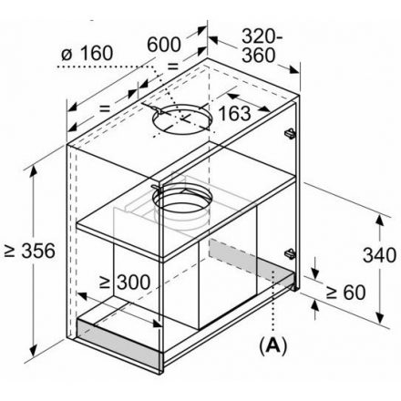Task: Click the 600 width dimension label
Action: [x=164, y=45]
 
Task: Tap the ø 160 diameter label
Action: [x=87, y=53]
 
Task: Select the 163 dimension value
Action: [x=234, y=113]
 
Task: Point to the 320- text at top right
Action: [x=262, y=36]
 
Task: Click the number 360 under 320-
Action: [x=259, y=56]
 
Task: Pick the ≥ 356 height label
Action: [x=30, y=251]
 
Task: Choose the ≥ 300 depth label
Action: [x=125, y=283]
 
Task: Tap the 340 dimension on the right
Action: [x=379, y=254]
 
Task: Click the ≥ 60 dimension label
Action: [x=345, y=293]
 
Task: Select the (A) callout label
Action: [x=272, y=345]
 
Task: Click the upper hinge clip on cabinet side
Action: [x=290, y=134]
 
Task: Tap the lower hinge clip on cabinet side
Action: [x=290, y=253]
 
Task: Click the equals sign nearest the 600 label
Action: [x=172, y=66]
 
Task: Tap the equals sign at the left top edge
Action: [x=104, y=108]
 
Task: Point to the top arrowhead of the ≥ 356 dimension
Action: [x=34, y=171]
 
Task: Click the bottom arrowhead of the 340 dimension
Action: [x=380, y=318]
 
